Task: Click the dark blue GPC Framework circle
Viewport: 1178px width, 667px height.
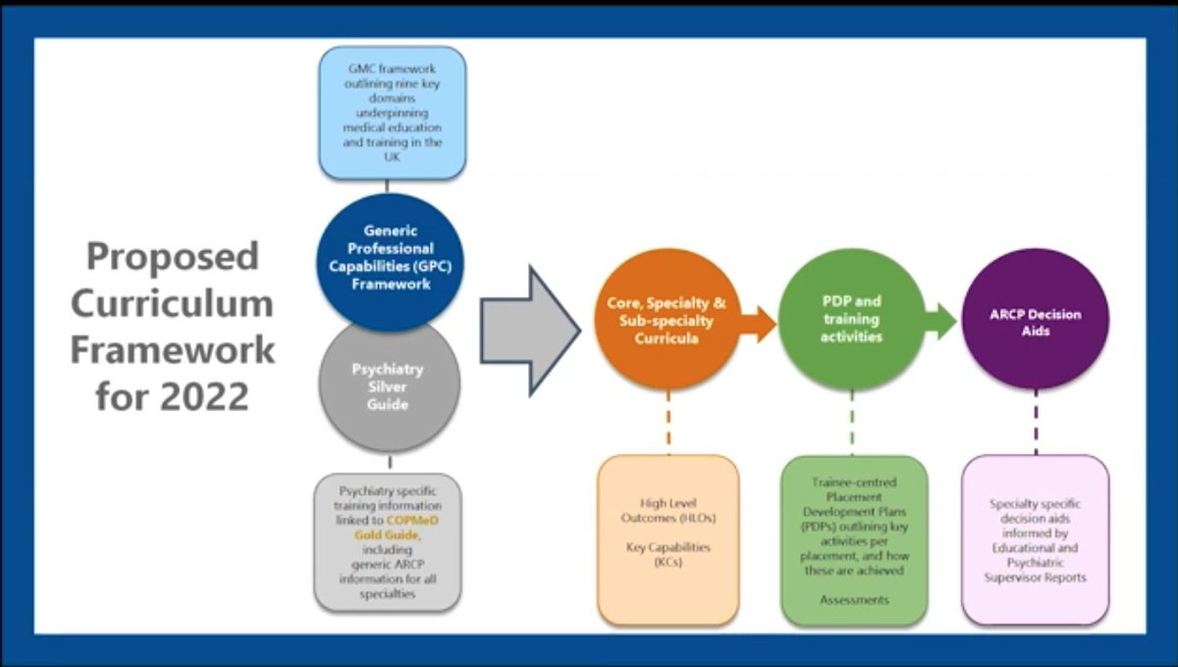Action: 390,258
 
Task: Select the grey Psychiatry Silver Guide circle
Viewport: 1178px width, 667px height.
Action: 390,385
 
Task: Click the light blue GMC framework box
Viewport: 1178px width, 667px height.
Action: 393,112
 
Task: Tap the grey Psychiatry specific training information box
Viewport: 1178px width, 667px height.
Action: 389,541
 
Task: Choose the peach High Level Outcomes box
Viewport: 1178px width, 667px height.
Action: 668,539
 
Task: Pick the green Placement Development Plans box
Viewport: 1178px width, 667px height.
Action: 853,539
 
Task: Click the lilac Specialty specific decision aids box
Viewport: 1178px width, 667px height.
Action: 1036,539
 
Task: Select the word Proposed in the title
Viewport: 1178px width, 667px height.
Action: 173,256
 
